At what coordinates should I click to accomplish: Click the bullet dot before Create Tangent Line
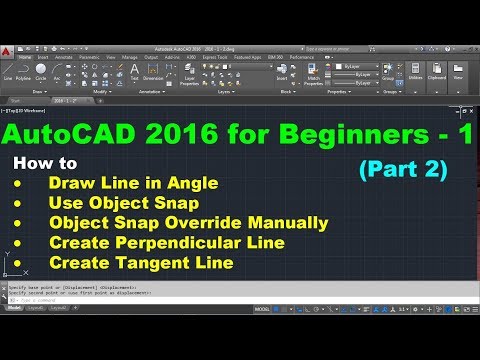[x=14, y=262]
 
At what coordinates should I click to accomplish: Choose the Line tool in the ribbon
[x=8, y=71]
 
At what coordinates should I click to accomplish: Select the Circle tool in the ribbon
[x=41, y=71]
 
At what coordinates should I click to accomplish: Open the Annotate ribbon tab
[x=64, y=58]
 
